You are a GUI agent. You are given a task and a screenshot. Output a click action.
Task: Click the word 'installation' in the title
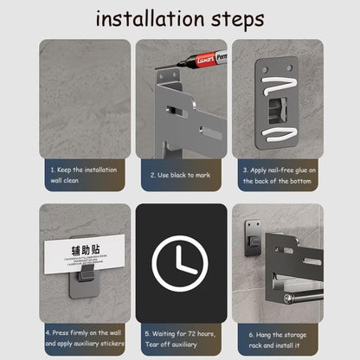pos(150,19)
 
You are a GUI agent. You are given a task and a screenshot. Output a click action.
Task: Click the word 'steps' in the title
pos(238,20)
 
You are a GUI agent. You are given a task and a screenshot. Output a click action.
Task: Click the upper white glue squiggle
pos(280,84)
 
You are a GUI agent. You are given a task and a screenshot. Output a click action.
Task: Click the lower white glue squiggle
pos(279,134)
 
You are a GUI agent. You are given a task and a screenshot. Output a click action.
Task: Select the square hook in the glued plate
pos(278,111)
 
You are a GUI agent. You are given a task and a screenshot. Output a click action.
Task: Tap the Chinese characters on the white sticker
pos(86,250)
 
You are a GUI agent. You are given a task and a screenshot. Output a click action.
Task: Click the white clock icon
pos(180,264)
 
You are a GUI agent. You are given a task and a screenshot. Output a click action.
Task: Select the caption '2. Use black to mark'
pos(181,175)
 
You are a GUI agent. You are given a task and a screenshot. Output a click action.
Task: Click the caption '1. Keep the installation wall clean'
pos(84,175)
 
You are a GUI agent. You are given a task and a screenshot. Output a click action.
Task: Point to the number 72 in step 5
pos(192,334)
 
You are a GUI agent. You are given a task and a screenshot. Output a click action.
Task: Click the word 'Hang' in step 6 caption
pos(263,335)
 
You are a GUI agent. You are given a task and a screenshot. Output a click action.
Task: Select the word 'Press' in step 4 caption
pos(61,332)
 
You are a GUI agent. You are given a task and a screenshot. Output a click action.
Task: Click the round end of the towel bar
pos(287,299)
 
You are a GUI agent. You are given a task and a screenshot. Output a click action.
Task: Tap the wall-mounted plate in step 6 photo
pos(253,238)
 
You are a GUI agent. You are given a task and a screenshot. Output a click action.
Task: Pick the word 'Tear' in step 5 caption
pos(151,344)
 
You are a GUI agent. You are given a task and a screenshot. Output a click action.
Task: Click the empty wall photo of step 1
pos(85,99)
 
